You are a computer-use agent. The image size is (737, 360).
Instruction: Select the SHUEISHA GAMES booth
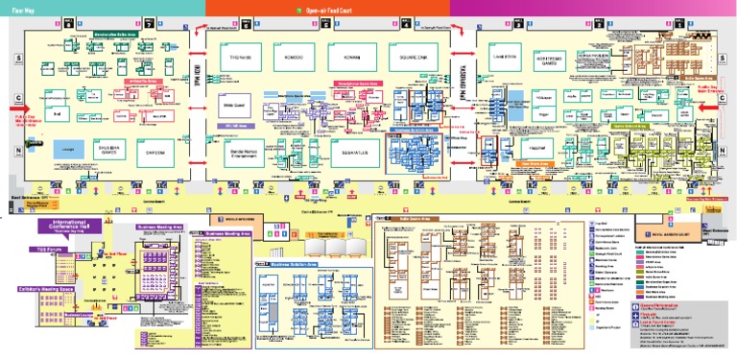(105, 149)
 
